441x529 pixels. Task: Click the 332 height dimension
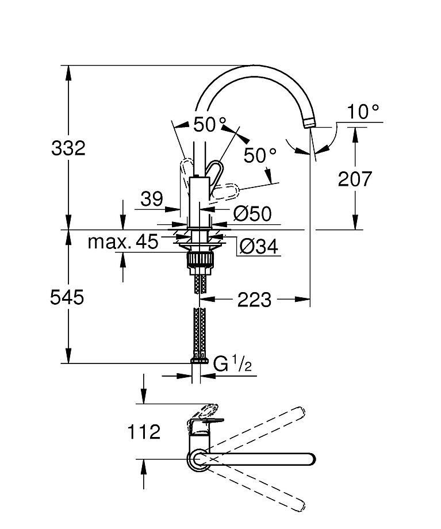click(x=68, y=148)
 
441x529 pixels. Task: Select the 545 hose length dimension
click(x=67, y=298)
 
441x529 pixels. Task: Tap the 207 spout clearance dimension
click(x=355, y=179)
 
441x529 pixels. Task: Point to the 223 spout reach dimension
click(x=254, y=300)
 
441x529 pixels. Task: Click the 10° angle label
click(x=363, y=112)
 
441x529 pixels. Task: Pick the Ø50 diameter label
click(x=252, y=213)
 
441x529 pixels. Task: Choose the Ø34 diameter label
click(x=259, y=246)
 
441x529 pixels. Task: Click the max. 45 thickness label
click(x=123, y=241)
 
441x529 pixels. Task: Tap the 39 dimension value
click(x=152, y=199)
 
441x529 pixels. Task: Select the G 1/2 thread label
click(x=233, y=364)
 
